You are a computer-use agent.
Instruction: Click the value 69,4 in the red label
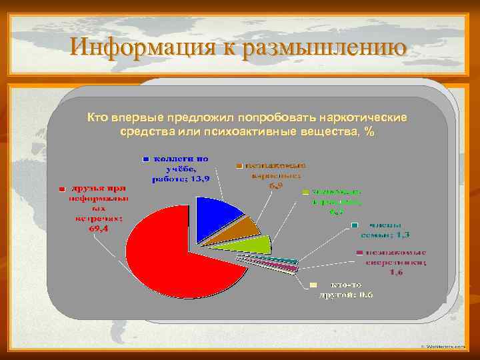99,228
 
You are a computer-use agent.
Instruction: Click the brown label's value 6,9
276,186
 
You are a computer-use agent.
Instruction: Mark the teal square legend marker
357,225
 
